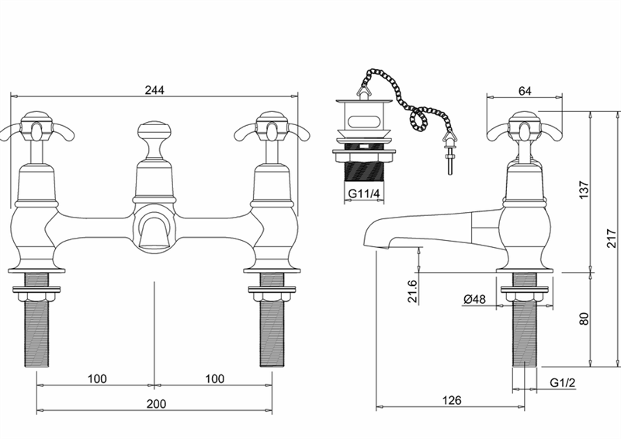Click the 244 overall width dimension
(154, 90)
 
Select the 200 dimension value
(157, 404)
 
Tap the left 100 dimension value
(97, 379)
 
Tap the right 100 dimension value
(215, 379)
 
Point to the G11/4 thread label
(364, 193)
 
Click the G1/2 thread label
(562, 383)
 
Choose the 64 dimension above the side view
(525, 91)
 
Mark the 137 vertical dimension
(585, 190)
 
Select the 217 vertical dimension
(612, 238)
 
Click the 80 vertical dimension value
(585, 319)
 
